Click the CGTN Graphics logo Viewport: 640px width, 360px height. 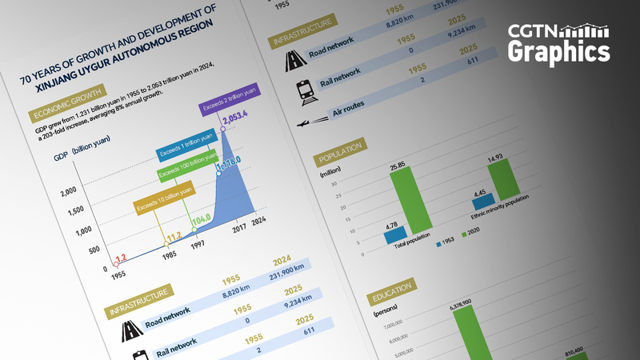point(559,44)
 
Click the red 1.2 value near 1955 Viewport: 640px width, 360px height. point(121,258)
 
